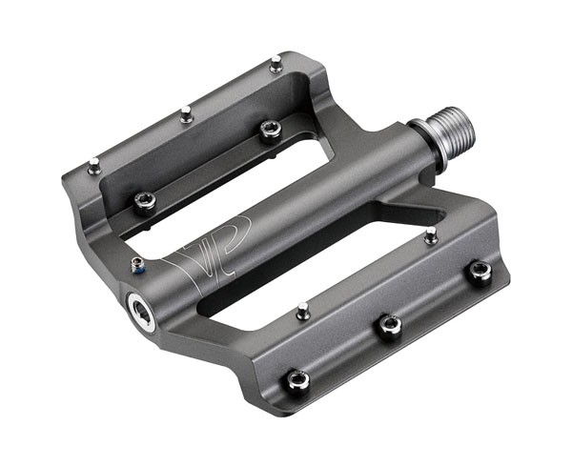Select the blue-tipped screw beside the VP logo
point(138,266)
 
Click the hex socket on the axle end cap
point(141,311)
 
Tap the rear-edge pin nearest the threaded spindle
point(276,65)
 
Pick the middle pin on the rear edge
point(187,115)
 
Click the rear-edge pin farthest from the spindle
point(93,167)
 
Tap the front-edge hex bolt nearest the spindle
point(479,271)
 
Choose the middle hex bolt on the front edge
point(388,325)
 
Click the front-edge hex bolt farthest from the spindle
point(298,380)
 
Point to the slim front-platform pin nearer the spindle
point(431,234)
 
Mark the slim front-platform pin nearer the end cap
point(303,310)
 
